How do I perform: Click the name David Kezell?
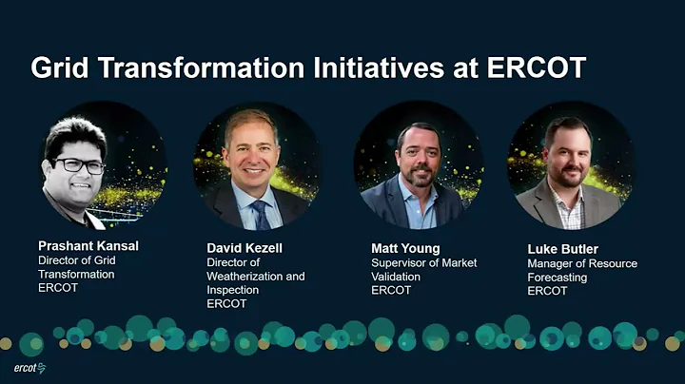tap(245, 248)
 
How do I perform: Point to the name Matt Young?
tap(405, 248)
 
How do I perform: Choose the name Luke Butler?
tap(563, 249)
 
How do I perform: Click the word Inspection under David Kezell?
tap(234, 290)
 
